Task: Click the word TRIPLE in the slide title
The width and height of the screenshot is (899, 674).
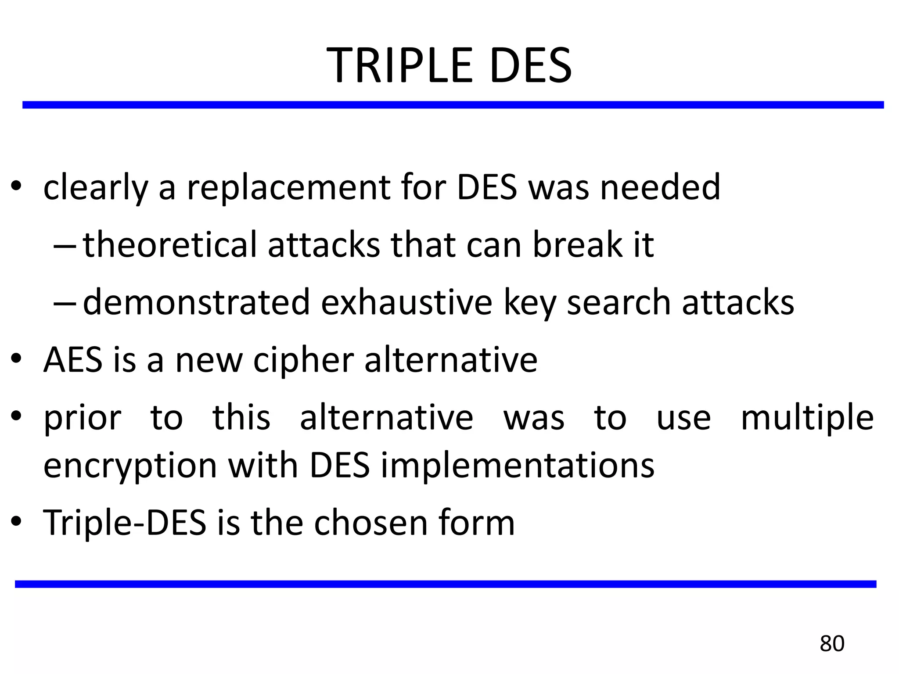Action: (x=399, y=66)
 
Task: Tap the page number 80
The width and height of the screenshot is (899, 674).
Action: (x=832, y=644)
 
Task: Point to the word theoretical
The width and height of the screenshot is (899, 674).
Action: (x=169, y=245)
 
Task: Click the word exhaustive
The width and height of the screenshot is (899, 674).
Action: (x=406, y=302)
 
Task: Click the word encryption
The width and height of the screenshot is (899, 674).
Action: (x=130, y=466)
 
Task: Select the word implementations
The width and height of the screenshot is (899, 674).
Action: (x=518, y=466)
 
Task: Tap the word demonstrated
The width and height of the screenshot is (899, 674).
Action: (x=196, y=302)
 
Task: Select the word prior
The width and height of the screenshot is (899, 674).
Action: (x=82, y=419)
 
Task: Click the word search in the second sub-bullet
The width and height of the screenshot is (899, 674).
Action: (x=619, y=302)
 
